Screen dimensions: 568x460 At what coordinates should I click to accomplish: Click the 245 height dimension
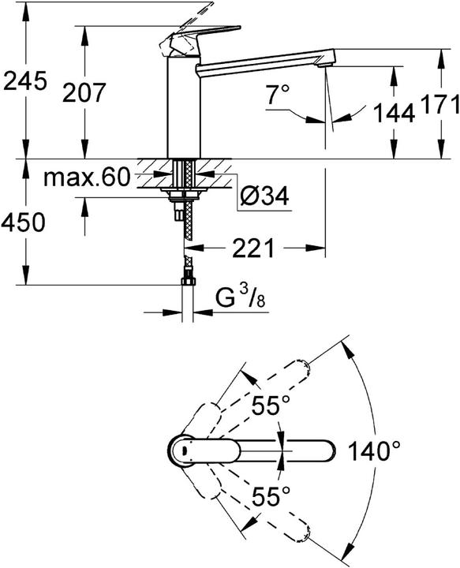[x=26, y=80]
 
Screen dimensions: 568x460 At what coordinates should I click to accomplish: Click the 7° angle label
[x=279, y=96]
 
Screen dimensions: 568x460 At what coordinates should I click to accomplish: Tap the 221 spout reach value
[x=253, y=249]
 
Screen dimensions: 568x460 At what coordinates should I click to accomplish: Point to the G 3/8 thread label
[x=240, y=301]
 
